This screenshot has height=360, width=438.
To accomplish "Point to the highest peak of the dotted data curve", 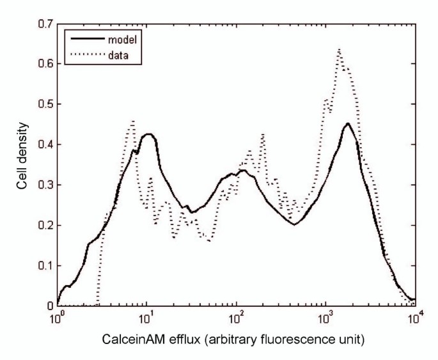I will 338,49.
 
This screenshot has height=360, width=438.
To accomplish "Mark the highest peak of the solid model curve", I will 347,124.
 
